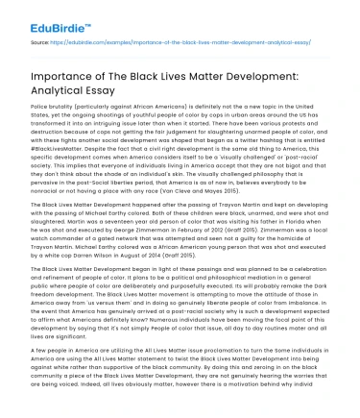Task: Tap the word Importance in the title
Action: point(66,85)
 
